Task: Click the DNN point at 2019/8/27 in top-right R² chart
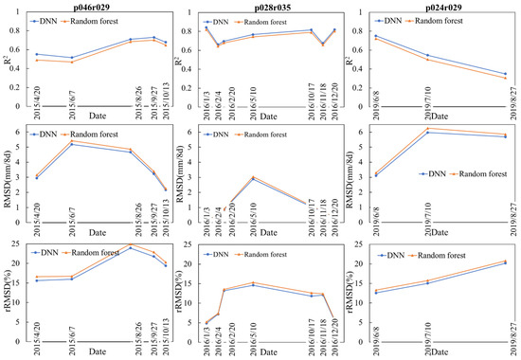505,74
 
